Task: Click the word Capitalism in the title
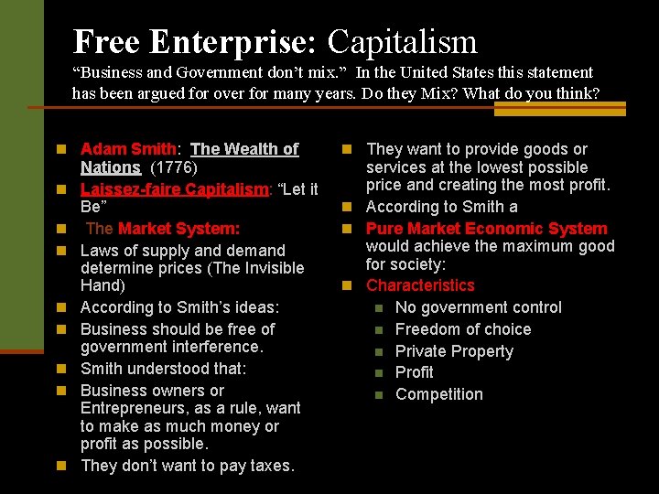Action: pyautogui.click(x=402, y=41)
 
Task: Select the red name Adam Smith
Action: pyautogui.click(x=128, y=149)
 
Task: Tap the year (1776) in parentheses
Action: pyautogui.click(x=173, y=167)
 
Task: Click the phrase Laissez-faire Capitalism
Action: pyautogui.click(x=174, y=189)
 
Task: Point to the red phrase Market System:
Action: pyautogui.click(x=178, y=229)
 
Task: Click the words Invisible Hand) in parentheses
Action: pyautogui.click(x=192, y=277)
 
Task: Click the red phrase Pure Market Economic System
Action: pyautogui.click(x=486, y=229)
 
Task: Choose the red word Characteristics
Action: pyautogui.click(x=420, y=285)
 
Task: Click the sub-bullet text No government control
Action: pyautogui.click(x=478, y=307)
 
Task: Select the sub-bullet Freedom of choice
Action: pyautogui.click(x=462, y=329)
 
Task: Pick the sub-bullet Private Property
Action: pyautogui.click(x=454, y=351)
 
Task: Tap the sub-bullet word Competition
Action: pyautogui.click(x=438, y=394)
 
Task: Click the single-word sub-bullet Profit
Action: pyautogui.click(x=415, y=372)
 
